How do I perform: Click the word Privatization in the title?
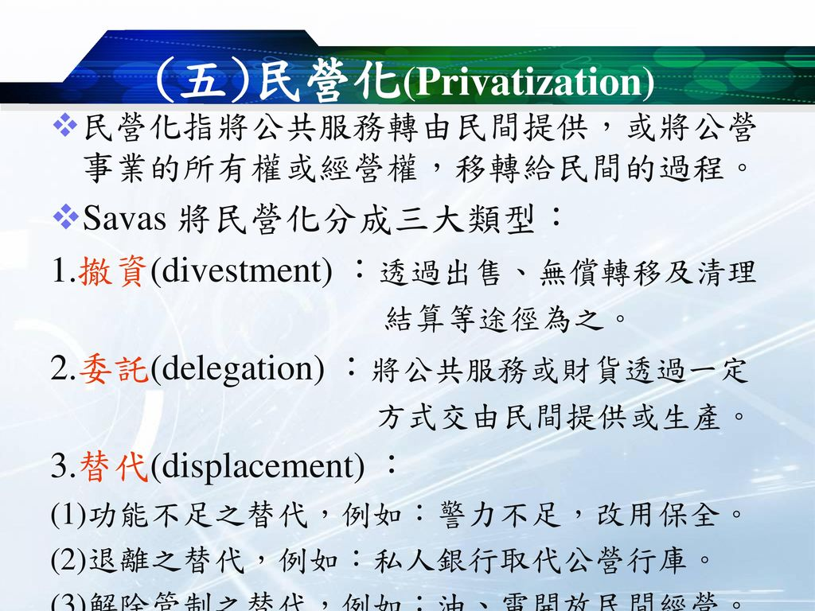[x=530, y=83]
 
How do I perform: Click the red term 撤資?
[x=112, y=271]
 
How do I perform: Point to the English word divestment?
[x=240, y=272]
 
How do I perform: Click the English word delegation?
[x=237, y=370]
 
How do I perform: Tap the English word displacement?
[x=258, y=468]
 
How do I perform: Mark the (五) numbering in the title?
[x=200, y=82]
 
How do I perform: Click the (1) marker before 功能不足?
[x=65, y=518]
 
